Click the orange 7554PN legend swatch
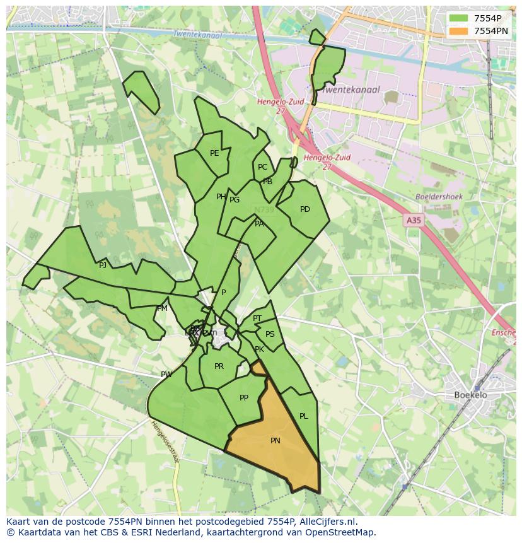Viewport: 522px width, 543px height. click(458, 31)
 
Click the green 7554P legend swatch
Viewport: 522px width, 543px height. click(458, 18)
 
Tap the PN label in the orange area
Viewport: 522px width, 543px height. click(275, 441)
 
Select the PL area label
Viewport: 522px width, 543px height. click(304, 416)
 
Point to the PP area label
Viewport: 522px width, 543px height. click(244, 398)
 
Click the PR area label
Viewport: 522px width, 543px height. click(219, 366)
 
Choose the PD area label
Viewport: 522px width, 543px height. click(305, 209)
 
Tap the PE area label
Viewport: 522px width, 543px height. click(214, 153)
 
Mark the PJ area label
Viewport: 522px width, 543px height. click(103, 266)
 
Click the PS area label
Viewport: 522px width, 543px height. click(270, 334)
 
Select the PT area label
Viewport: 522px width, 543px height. click(257, 318)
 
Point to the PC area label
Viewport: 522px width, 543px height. click(262, 167)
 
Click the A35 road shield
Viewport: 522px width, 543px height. click(413, 220)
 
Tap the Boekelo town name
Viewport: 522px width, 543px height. click(470, 395)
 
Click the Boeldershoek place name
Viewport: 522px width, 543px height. click(439, 197)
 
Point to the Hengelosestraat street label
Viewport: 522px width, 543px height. click(165, 441)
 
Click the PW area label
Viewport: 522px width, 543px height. click(166, 375)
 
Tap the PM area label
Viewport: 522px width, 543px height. click(162, 308)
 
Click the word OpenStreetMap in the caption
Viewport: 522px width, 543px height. click(343, 532)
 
